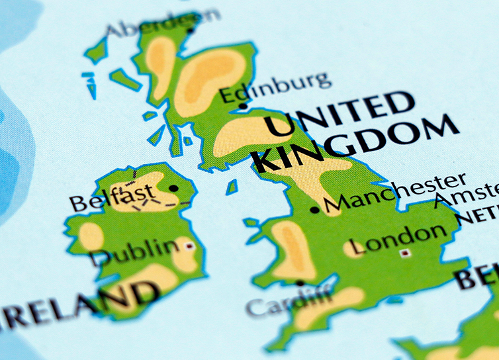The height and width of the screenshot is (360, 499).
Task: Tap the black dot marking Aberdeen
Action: tap(191, 29)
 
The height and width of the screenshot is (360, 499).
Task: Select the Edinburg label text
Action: tap(274, 87)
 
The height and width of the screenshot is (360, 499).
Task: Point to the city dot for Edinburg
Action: tap(243, 106)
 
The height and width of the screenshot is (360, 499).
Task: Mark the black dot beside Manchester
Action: tap(315, 210)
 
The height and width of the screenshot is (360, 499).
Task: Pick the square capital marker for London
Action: tap(404, 253)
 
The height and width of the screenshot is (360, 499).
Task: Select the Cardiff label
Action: tap(289, 303)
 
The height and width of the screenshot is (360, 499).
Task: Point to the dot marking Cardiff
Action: tap(300, 283)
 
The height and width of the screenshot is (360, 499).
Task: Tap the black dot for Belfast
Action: tap(173, 188)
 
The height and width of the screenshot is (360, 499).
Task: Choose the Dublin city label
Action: tap(136, 251)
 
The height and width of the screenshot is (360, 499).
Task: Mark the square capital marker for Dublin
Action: tap(190, 246)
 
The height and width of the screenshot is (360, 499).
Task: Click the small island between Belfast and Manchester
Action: tap(232, 187)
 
